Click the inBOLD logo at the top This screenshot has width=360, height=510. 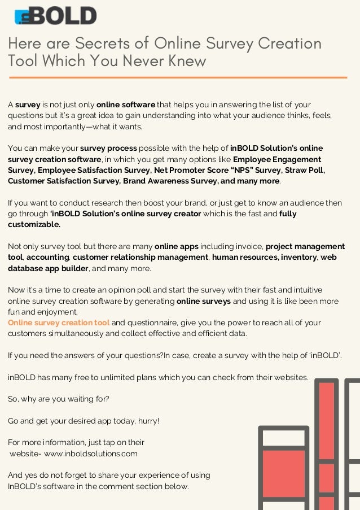coord(55,16)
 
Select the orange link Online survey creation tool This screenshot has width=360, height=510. coord(59,322)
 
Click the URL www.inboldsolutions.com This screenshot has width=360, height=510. coord(90,453)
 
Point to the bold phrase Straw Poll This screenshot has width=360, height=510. coord(304,170)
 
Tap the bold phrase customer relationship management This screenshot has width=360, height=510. coord(141,258)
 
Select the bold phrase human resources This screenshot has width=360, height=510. coord(243,258)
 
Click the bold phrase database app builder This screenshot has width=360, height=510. coord(48,268)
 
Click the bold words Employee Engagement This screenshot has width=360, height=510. coord(277,159)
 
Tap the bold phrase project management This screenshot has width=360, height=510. coord(305,247)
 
